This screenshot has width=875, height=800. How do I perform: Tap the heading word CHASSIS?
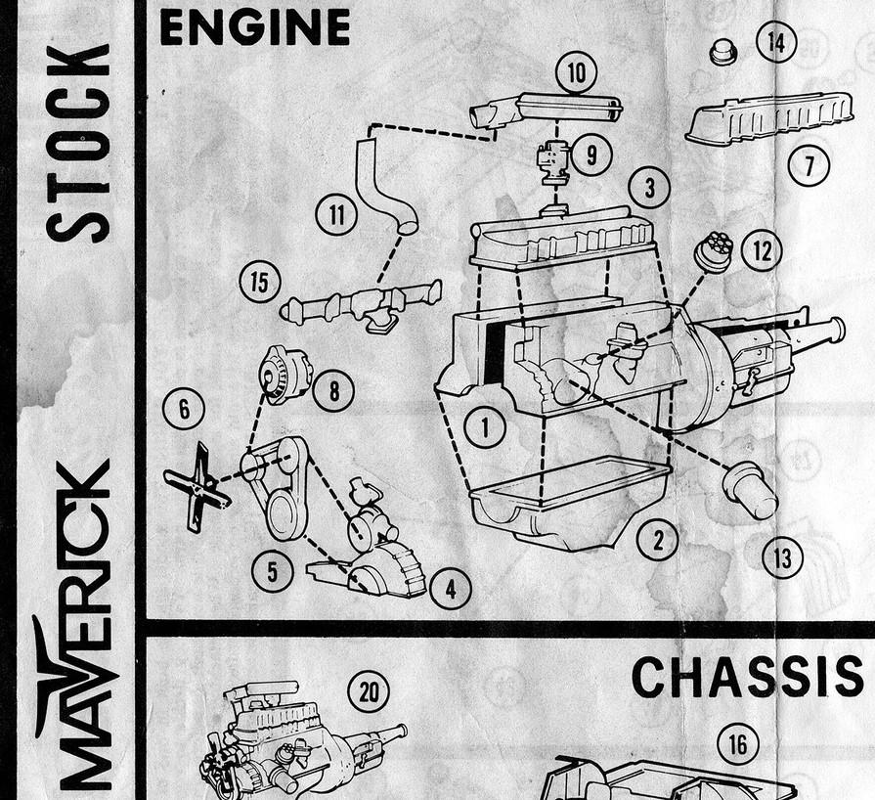click(747, 677)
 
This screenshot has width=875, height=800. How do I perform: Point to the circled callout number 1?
click(484, 425)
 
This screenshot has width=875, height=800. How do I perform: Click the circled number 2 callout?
click(657, 539)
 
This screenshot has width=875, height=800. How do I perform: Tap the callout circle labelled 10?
click(576, 71)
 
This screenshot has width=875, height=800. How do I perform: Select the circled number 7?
click(809, 164)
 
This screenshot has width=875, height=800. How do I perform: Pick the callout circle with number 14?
click(777, 42)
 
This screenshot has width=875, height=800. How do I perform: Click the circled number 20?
click(369, 691)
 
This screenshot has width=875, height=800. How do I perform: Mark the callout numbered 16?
click(737, 744)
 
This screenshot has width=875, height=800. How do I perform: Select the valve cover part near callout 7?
click(757, 117)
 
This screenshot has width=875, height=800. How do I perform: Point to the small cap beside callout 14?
click(723, 51)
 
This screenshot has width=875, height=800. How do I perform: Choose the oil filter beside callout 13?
click(750, 489)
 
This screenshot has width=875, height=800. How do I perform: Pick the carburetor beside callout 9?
click(554, 161)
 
